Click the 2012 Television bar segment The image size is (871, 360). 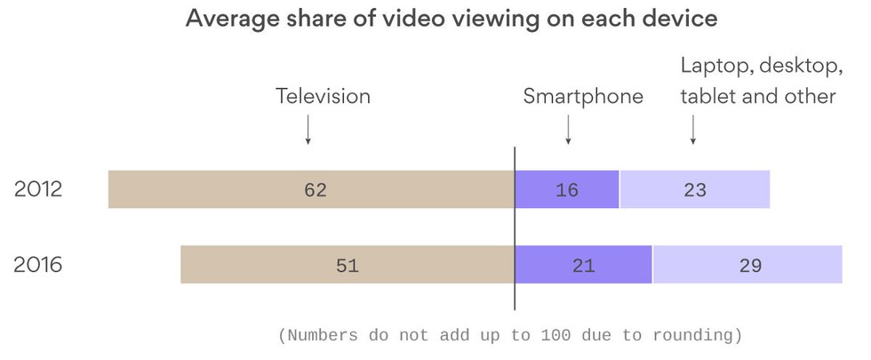pos(222,189)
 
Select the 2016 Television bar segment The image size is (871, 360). pos(267,264)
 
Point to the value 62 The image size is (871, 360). pos(316,190)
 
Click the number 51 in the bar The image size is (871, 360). pos(348,265)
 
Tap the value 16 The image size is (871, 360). pos(566,190)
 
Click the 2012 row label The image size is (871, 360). pos(38,189)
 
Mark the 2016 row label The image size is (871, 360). pos(38,264)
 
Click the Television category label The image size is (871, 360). pos(323,96)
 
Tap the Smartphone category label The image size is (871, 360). pos(582,96)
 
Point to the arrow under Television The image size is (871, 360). pos(308,131)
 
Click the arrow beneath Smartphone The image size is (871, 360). pos(568,131)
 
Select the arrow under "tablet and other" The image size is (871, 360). pos(693,131)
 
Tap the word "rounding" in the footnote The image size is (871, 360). pos(695,336)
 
